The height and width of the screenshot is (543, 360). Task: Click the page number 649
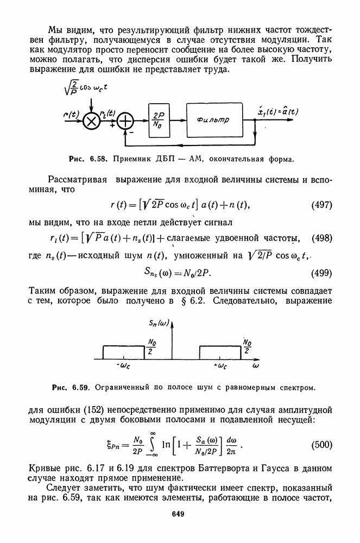[x=180, y=514]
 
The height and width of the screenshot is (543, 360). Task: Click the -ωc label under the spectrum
[x=123, y=367]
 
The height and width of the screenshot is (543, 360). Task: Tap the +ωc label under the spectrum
[x=220, y=367]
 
